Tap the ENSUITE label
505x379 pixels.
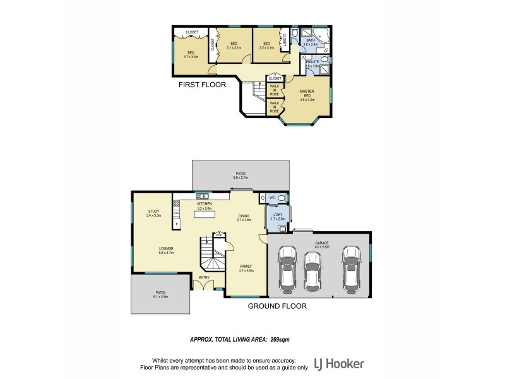coord(312,63)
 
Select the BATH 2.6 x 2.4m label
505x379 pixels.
coord(311,42)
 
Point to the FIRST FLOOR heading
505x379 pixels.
coord(202,84)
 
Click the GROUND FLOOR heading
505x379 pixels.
coord(277,306)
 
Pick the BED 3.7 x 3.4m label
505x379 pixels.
coord(191,54)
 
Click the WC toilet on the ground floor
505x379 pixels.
coord(281,198)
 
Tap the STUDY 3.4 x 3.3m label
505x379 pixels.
coord(153,214)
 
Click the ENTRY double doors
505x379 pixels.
coord(203,286)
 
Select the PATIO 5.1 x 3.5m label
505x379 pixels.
coord(160,294)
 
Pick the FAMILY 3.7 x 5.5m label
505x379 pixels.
coord(246,268)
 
